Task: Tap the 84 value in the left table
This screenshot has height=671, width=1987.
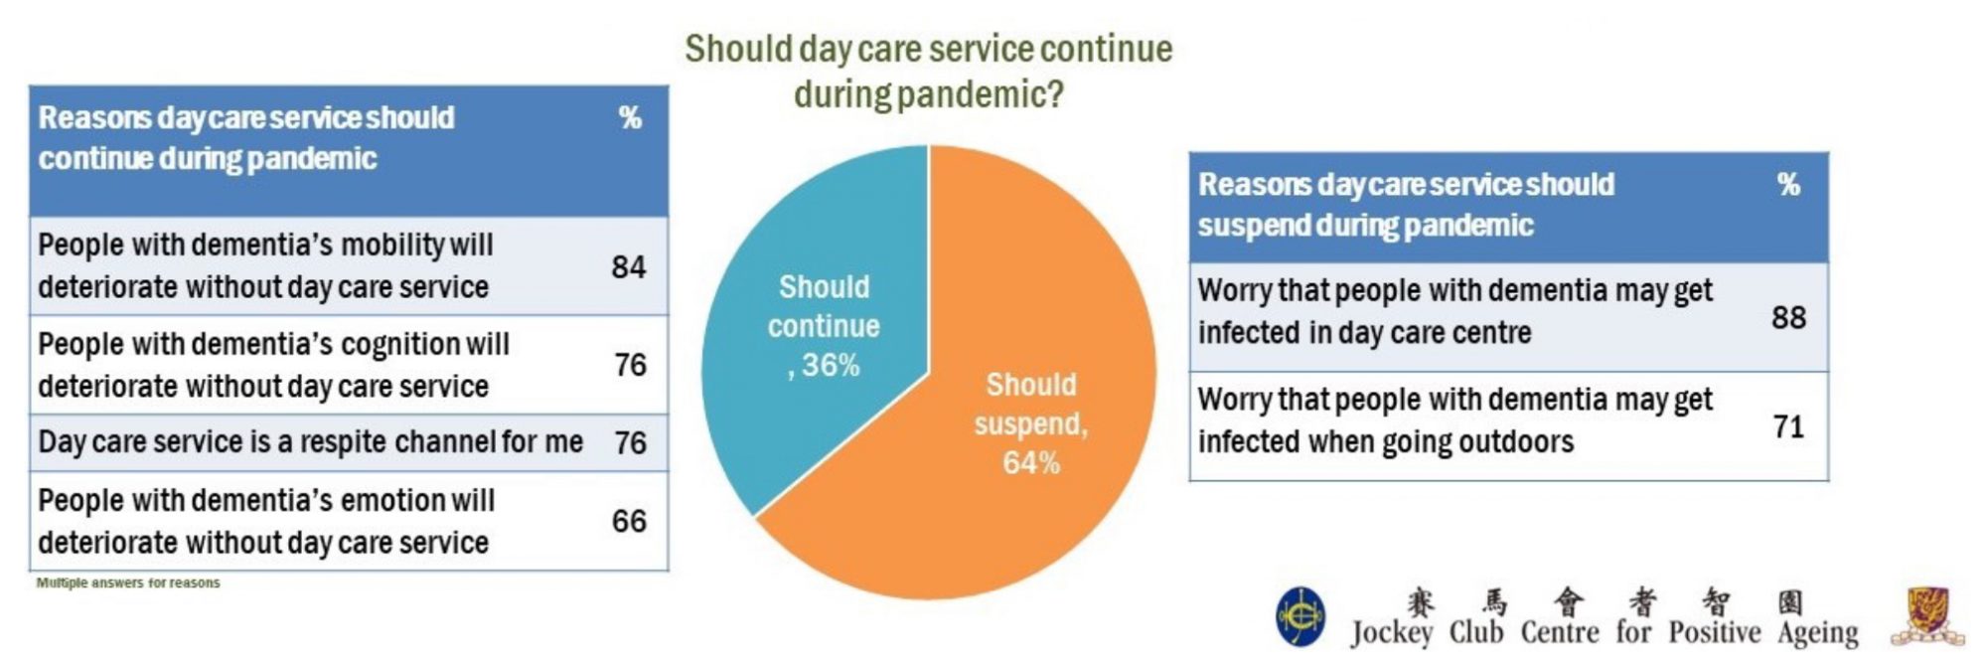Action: click(629, 267)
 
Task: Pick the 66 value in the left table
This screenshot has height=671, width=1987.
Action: click(629, 521)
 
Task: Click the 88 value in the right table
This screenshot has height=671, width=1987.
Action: click(1788, 317)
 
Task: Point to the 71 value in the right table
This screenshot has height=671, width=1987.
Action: click(1788, 426)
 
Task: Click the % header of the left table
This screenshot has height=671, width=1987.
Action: click(630, 118)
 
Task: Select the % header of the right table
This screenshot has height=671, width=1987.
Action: click(1788, 185)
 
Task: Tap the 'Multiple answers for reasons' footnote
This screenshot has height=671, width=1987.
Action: click(128, 583)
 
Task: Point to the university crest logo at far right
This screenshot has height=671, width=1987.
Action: click(1927, 616)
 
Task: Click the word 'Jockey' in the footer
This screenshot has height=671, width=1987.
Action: click(1391, 632)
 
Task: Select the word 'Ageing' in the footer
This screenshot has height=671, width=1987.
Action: click(1817, 632)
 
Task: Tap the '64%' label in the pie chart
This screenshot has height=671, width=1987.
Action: click(1030, 463)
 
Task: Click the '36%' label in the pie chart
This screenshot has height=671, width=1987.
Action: click(830, 366)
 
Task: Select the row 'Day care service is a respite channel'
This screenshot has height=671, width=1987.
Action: click(311, 441)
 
